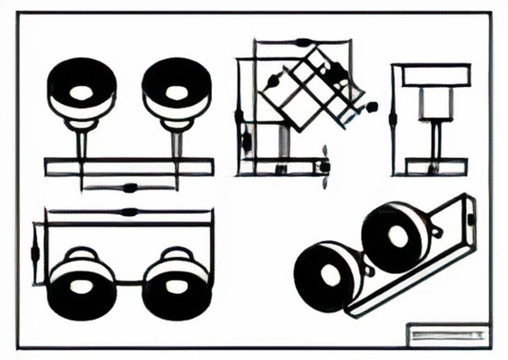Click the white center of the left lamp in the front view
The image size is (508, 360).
tap(81, 93)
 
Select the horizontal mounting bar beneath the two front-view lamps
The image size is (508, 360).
tap(129, 167)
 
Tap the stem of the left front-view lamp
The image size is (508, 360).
tap(81, 144)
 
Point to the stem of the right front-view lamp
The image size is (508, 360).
tap(176, 144)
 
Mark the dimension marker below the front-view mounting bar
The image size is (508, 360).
tap(130, 188)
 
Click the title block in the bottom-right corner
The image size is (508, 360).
tap(447, 335)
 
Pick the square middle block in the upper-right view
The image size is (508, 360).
tap(436, 103)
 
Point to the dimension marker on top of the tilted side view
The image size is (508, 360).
tap(304, 42)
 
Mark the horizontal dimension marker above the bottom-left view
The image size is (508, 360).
tap(129, 212)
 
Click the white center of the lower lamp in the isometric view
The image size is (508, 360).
tap(328, 274)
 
